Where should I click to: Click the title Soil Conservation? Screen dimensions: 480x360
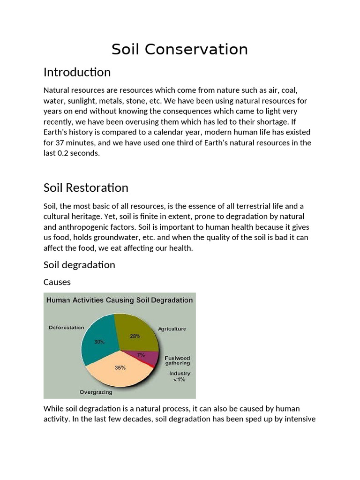pyautogui.click(x=180, y=49)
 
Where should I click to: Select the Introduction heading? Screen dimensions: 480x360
pyautogui.click(x=77, y=72)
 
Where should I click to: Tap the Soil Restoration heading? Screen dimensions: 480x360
pyautogui.click(x=86, y=187)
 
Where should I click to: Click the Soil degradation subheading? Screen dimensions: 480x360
pyautogui.click(x=79, y=265)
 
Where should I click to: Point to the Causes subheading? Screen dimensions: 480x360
pyautogui.click(x=57, y=282)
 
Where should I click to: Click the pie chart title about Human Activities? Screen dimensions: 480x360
pyautogui.click(x=119, y=300)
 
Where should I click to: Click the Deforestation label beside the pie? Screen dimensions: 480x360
pyautogui.click(x=67, y=328)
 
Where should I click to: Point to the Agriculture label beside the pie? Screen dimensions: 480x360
pyautogui.click(x=172, y=329)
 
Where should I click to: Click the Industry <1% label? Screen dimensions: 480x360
pyautogui.click(x=180, y=376)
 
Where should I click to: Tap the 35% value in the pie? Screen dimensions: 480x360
pyautogui.click(x=120, y=368)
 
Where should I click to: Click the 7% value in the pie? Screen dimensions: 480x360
pyautogui.click(x=141, y=355)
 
